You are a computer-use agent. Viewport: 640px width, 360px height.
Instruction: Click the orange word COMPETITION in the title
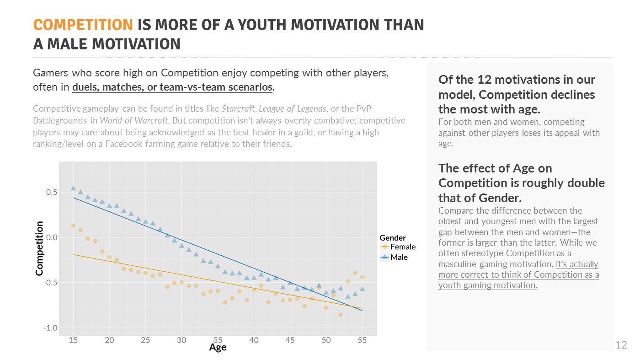pyautogui.click(x=83, y=25)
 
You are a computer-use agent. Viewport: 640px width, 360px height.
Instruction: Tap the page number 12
pyautogui.click(x=621, y=345)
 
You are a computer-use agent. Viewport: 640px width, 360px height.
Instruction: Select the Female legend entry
pyautogui.click(x=403, y=247)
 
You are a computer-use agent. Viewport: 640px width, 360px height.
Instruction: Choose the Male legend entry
pyautogui.click(x=399, y=257)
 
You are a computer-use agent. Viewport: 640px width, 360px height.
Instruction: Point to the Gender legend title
pyautogui.click(x=393, y=237)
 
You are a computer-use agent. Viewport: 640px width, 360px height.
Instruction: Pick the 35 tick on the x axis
pyautogui.click(x=218, y=340)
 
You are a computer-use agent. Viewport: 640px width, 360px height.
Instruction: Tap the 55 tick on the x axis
pyautogui.click(x=362, y=340)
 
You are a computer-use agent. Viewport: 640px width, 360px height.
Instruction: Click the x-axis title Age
pyautogui.click(x=218, y=347)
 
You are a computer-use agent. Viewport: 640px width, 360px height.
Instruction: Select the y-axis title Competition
pyautogui.click(x=39, y=248)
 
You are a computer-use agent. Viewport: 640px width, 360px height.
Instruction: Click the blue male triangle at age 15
pyautogui.click(x=73, y=188)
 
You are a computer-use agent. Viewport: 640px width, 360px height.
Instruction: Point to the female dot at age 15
pyautogui.click(x=73, y=226)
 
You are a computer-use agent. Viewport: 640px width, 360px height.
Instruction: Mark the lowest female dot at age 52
pyautogui.click(x=341, y=314)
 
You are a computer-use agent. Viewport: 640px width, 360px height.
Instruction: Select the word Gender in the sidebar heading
pyautogui.click(x=500, y=198)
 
